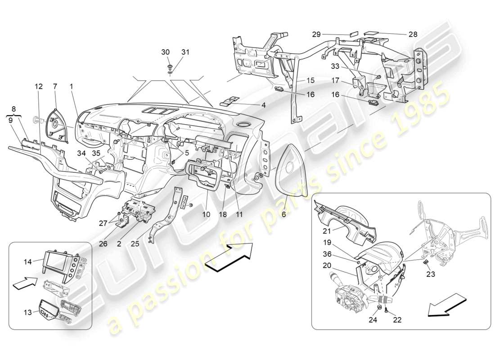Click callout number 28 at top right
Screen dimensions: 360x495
click(413, 34)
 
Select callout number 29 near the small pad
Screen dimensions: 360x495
click(317, 34)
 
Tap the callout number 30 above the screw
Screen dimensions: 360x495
click(166, 52)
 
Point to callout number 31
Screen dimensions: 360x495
click(185, 52)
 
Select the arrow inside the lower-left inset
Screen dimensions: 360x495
click(24, 283)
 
